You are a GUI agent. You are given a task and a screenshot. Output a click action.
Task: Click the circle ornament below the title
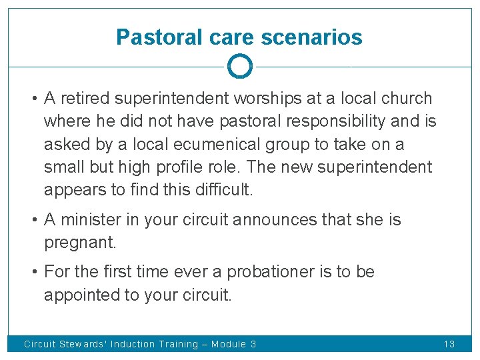[x=239, y=66]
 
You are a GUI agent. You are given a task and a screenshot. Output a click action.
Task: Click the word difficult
[x=220, y=189]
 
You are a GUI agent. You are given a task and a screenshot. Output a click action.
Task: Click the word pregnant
[x=80, y=243]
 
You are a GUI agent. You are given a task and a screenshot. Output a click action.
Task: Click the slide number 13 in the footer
[x=449, y=344]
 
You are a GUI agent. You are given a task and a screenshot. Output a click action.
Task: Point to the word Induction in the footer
[x=134, y=344]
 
